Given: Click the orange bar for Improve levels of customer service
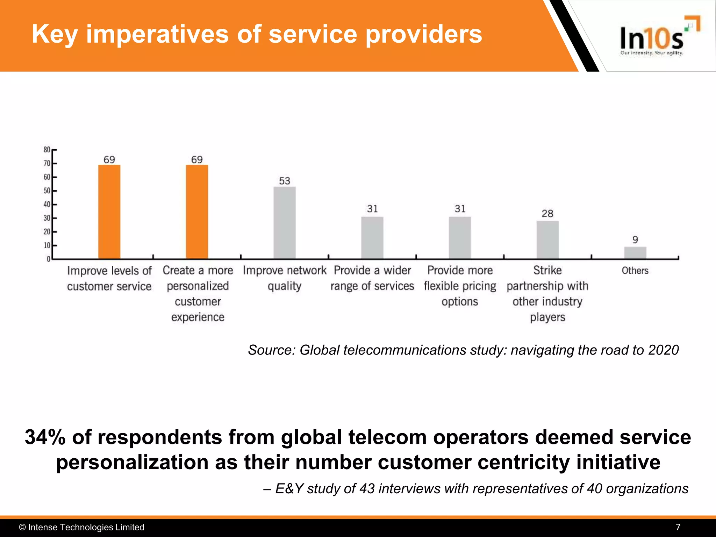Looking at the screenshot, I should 109,212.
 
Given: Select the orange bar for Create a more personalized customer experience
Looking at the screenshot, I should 197,212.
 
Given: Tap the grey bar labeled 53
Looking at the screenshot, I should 285,223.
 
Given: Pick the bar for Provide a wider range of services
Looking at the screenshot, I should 372,238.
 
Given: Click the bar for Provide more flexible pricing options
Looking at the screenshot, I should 460,238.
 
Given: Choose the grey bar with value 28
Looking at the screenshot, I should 547,240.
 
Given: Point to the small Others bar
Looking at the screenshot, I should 635,253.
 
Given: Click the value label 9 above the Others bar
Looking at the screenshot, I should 635,240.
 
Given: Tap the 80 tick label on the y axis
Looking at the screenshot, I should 47,150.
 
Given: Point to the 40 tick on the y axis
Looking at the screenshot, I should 47,205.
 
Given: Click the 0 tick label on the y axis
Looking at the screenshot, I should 49,259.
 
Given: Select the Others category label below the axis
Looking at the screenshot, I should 635,271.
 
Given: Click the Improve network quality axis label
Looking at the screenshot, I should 285,278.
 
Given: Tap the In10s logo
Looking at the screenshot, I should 652,38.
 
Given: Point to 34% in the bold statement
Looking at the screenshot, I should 45,437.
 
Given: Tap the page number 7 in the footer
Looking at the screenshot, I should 678,527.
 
